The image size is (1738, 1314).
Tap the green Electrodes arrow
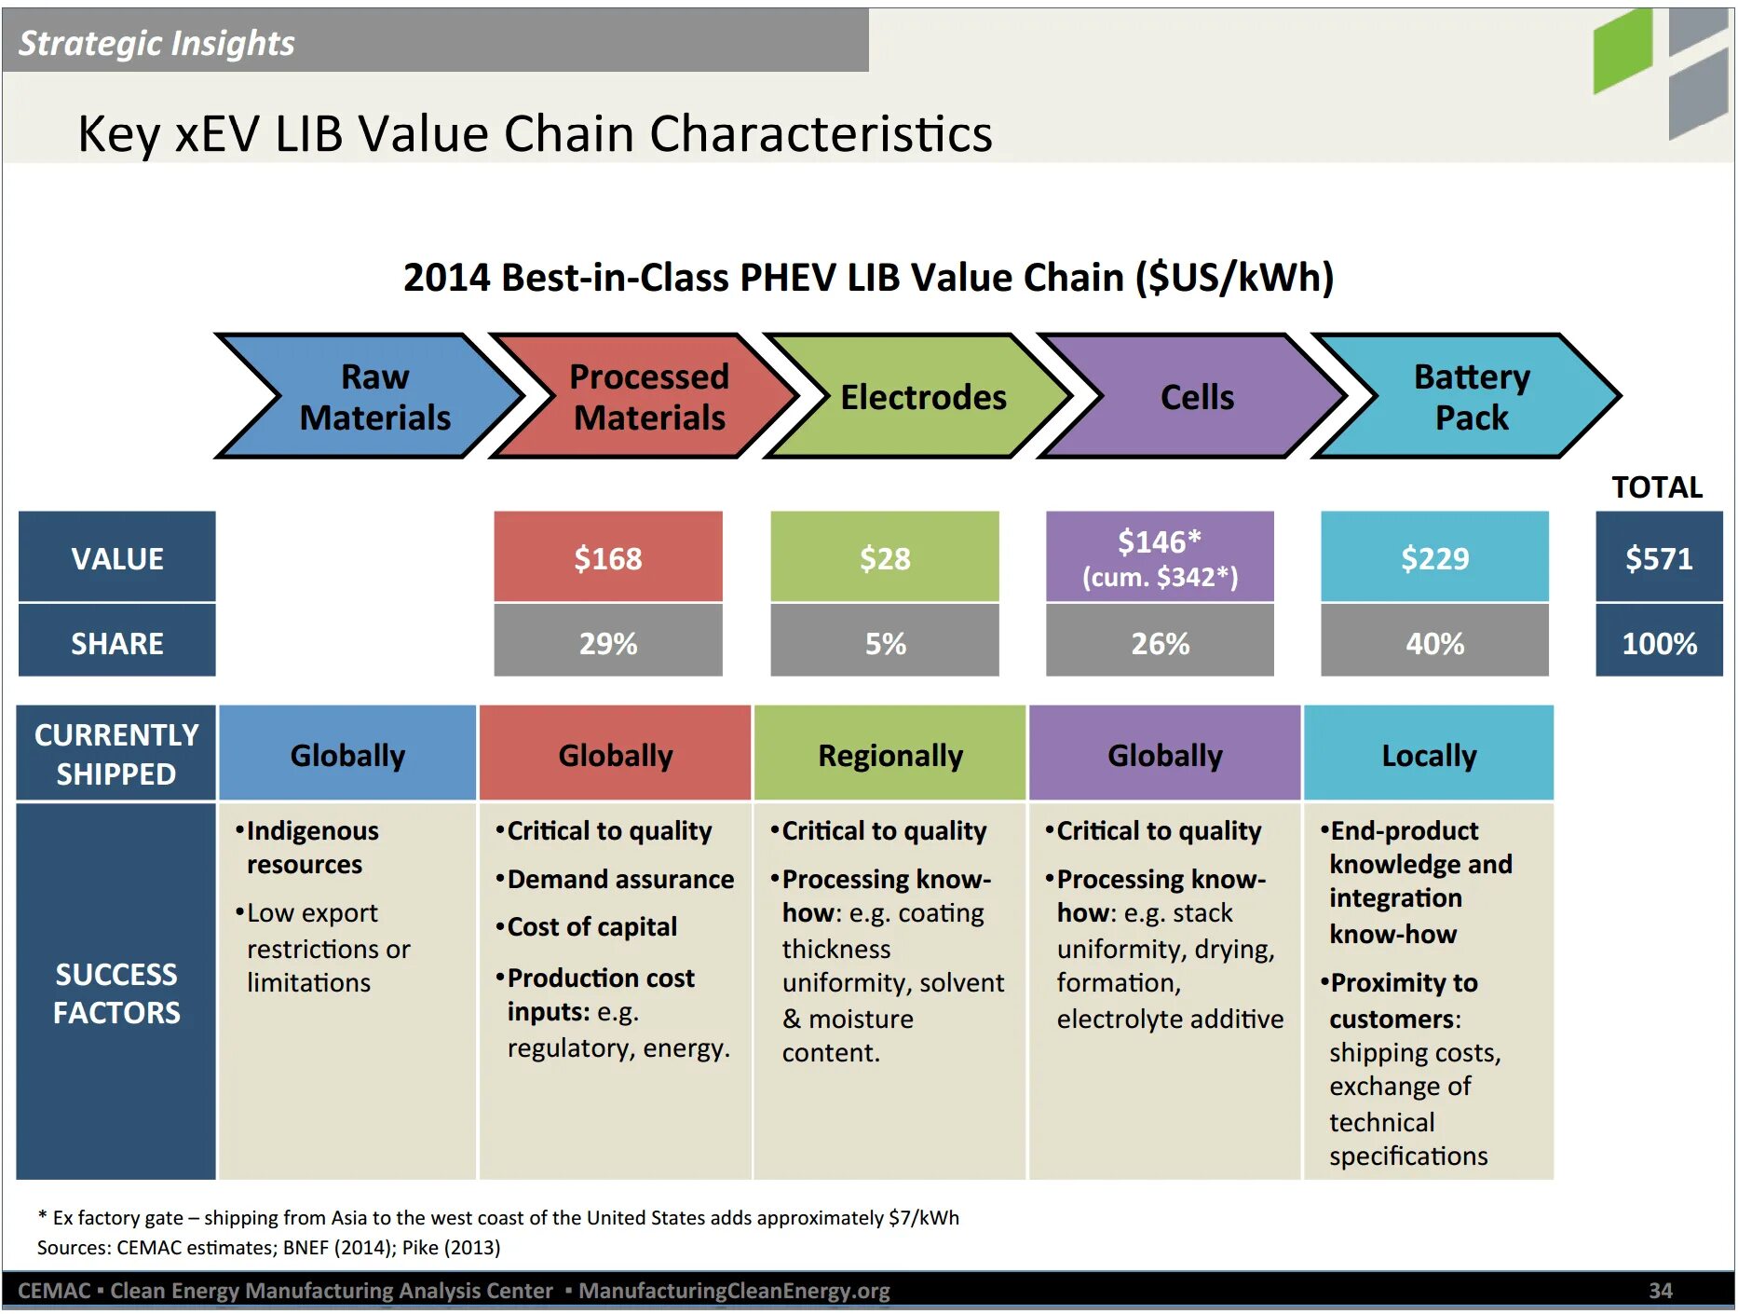coord(921,397)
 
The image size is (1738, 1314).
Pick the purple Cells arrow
coord(1196,397)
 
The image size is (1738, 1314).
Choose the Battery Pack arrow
coord(1470,397)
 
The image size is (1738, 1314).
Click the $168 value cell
coord(607,557)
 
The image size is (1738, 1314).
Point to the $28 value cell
coord(884,557)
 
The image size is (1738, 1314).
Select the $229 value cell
coord(1434,557)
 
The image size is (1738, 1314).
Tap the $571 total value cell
coord(1658,557)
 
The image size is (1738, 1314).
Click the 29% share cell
coord(607,642)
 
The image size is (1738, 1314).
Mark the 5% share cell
coord(884,642)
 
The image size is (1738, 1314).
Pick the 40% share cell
coord(1434,642)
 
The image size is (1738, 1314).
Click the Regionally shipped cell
coord(889,754)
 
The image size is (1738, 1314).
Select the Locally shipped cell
coord(1429,754)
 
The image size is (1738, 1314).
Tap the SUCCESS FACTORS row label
coord(116,992)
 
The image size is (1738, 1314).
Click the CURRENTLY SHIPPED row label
coord(116,754)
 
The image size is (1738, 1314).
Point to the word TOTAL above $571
coord(1657,487)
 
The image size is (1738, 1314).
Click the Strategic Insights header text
coord(156,43)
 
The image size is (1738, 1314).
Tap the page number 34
coord(1660,1291)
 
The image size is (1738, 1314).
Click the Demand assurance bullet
coord(619,879)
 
